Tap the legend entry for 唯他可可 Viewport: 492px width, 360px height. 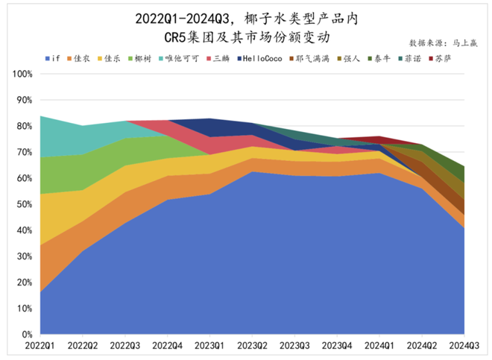[x=179, y=58]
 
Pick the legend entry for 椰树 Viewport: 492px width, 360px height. [x=142, y=58]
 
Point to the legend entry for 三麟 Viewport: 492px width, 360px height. [x=220, y=58]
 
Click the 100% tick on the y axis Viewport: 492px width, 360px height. [x=22, y=74]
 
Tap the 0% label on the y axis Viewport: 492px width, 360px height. [x=27, y=334]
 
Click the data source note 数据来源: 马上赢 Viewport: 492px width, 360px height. [x=444, y=42]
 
